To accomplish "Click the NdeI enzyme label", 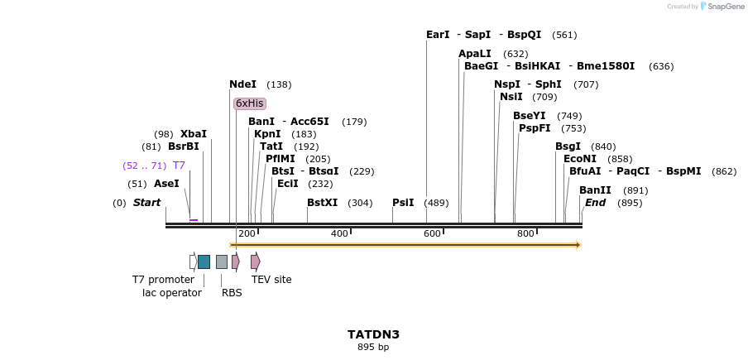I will [242, 84].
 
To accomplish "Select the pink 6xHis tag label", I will [249, 103].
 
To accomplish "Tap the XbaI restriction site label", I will [194, 134].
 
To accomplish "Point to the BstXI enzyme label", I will [322, 203].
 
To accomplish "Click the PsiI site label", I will [403, 203].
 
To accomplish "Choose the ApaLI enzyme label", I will [475, 54].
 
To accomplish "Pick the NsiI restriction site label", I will [511, 97].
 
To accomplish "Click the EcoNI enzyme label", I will [579, 159].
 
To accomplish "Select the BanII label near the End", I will [595, 190].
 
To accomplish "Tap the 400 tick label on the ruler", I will [339, 234].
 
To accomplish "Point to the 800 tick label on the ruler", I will [525, 234].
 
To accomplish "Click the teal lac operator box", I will [204, 262].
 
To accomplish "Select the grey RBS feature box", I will [222, 262].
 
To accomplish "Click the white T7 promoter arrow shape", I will [193, 262].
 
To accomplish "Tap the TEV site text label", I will [271, 280].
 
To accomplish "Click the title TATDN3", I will [373, 334].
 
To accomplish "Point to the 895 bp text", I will [373, 348].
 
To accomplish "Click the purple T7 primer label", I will [179, 166].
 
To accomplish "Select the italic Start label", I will [146, 203].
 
